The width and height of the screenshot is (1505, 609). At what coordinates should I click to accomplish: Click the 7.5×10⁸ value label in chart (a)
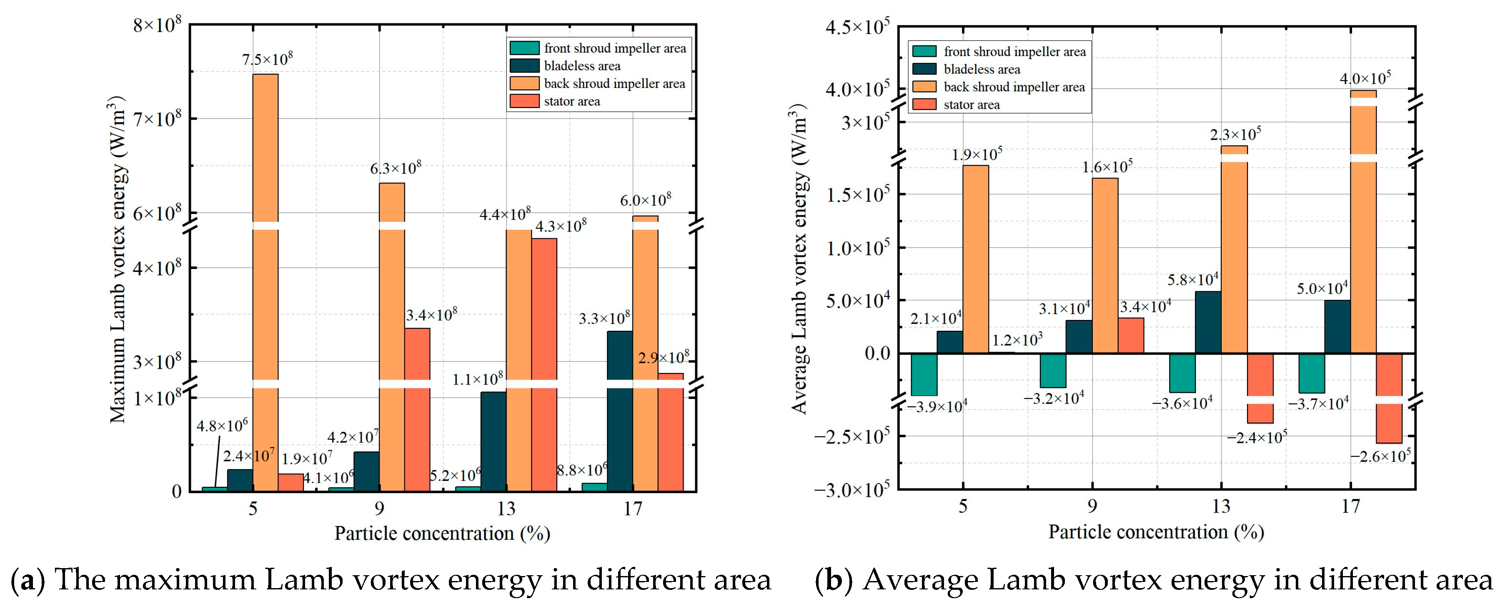point(268,59)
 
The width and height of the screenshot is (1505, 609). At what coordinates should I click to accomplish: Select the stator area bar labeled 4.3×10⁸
point(544,365)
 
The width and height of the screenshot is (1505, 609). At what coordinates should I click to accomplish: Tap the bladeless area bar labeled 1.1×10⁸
point(494,441)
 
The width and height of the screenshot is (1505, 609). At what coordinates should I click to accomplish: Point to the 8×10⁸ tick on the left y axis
point(157,25)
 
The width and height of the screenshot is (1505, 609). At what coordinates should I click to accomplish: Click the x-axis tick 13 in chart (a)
point(506,508)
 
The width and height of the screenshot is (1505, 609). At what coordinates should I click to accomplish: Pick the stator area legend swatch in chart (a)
point(524,101)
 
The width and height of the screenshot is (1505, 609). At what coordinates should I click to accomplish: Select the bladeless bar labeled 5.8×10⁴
point(1208,322)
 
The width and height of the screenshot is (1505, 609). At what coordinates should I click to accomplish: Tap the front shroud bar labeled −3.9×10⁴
point(924,375)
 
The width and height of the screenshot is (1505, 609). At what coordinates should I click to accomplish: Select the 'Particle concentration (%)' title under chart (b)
point(1156,532)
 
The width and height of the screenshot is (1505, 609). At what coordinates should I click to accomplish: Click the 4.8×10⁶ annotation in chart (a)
point(222,425)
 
